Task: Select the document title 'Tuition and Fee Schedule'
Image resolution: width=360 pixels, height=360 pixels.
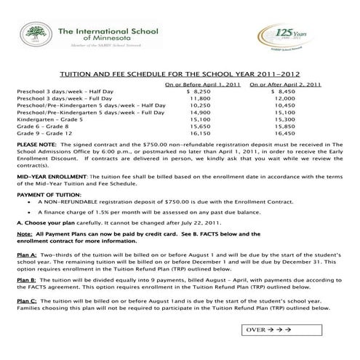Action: coord(180,74)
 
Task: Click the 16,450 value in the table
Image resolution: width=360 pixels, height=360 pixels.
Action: coord(284,134)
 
